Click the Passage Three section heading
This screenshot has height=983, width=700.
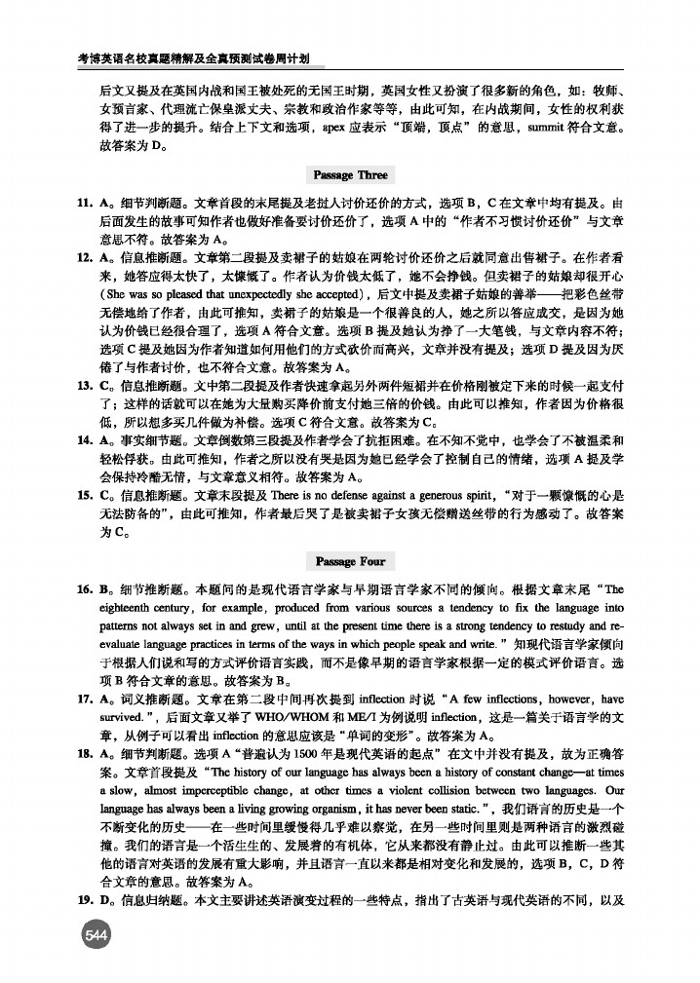click(x=350, y=175)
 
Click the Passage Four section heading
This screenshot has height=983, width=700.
click(x=350, y=561)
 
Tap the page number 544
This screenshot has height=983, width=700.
click(x=96, y=935)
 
